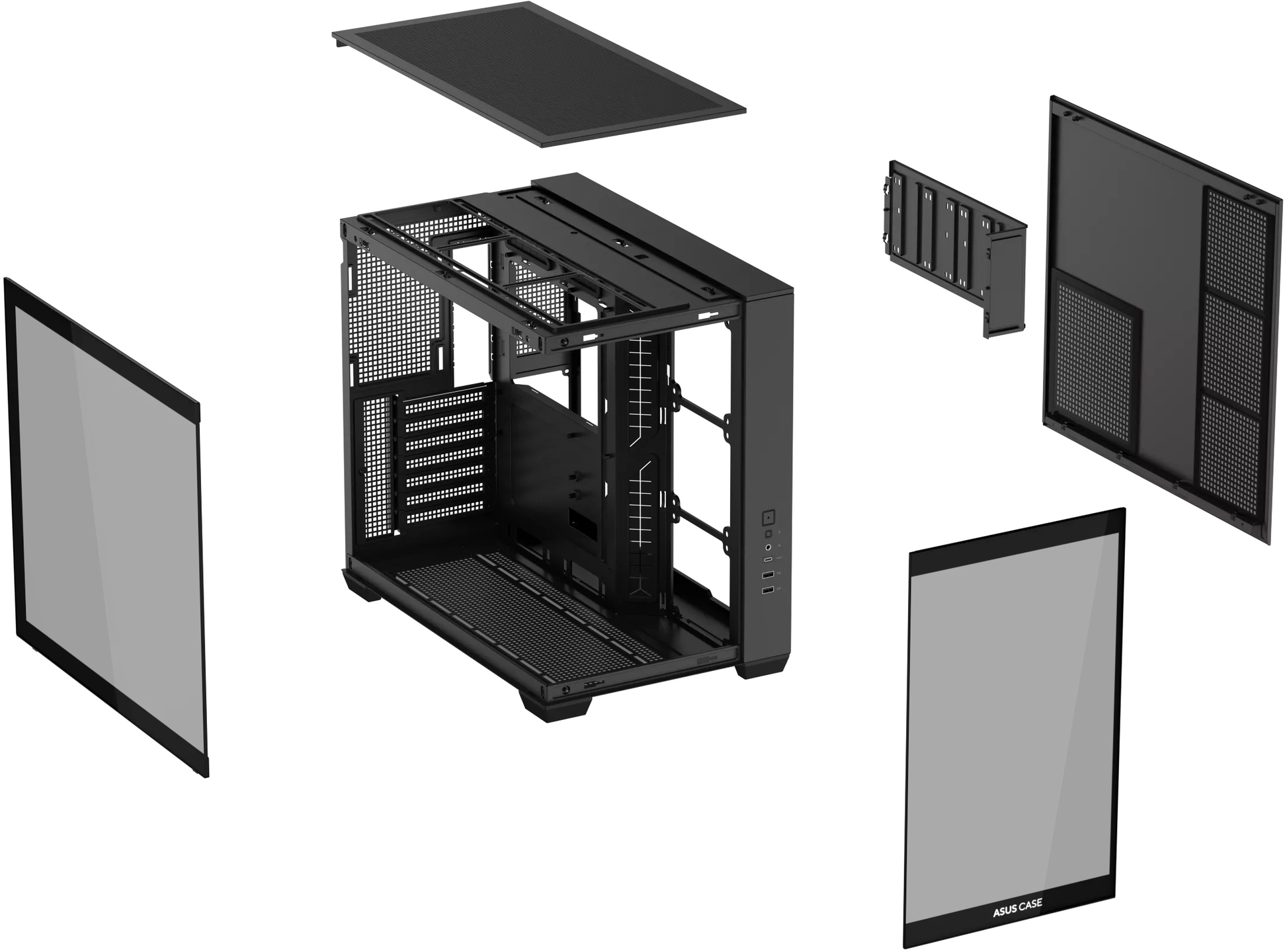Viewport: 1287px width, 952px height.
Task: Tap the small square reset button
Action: [768, 534]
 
